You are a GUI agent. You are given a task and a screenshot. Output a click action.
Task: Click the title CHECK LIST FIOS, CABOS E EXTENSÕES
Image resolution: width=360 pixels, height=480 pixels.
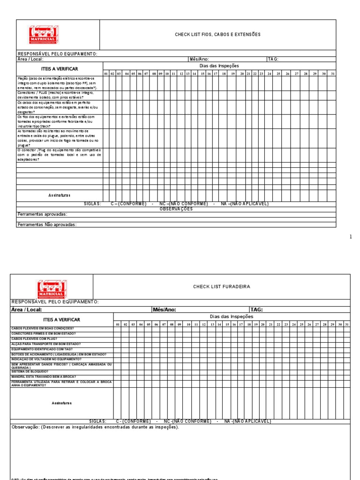coord(217,35)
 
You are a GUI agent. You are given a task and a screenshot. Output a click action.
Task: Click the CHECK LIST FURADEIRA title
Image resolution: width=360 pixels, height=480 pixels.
coord(222,286)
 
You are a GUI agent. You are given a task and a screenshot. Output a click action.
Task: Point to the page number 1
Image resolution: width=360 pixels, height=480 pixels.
coord(351,237)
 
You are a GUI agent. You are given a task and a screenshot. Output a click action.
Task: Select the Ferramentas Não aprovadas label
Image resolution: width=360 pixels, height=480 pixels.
coord(47,225)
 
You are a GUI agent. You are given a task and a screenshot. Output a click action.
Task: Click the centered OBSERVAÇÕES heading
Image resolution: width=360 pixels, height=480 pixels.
coord(176,209)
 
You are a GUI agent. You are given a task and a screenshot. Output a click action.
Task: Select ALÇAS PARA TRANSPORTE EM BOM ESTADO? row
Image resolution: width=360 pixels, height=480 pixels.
coord(42,344)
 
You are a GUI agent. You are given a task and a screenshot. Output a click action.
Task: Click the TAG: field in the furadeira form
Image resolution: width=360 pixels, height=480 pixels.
coord(256,309)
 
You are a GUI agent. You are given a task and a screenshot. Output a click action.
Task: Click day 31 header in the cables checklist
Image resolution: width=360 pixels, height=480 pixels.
coord(332,74)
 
